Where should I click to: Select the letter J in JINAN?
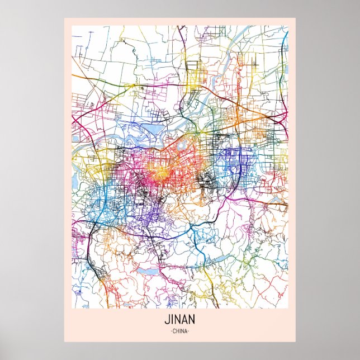click(167, 322)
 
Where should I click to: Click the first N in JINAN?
click(176, 322)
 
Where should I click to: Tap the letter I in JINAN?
click(170, 322)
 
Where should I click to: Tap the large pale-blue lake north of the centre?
click(151, 132)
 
